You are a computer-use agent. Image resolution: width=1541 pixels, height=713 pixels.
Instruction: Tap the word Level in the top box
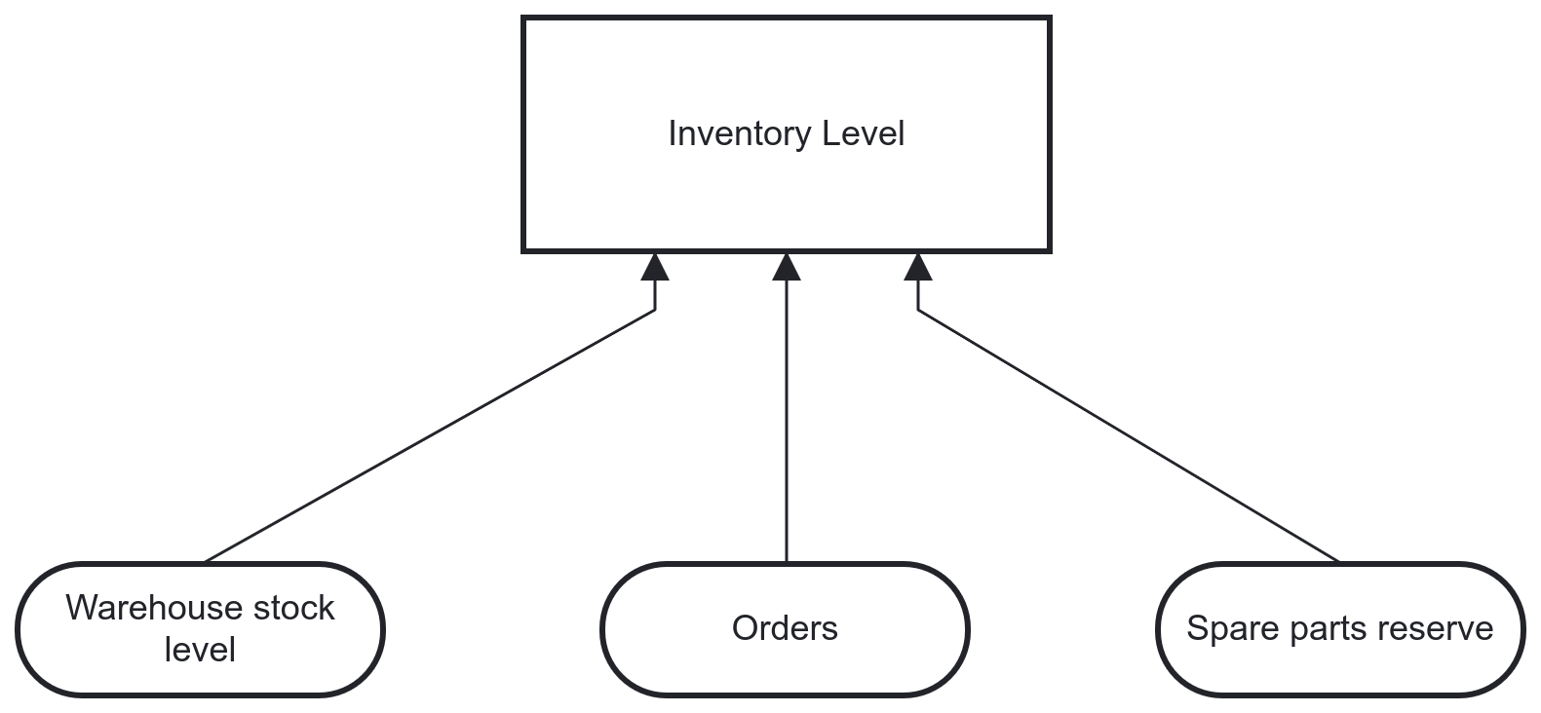click(864, 133)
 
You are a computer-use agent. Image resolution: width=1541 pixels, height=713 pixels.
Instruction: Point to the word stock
click(293, 608)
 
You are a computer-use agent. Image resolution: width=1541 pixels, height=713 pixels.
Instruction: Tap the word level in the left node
click(200, 649)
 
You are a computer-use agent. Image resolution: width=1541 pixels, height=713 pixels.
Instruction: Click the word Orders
click(785, 628)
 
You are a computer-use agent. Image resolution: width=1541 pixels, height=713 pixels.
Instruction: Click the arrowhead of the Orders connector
click(787, 267)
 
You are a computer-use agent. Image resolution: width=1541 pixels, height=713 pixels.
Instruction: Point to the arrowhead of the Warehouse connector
click(655, 267)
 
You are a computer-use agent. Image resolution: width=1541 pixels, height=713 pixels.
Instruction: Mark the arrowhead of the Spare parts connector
click(918, 267)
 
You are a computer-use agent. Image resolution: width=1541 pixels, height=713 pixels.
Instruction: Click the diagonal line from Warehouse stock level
click(429, 436)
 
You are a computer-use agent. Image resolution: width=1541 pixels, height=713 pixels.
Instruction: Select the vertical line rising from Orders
click(787, 419)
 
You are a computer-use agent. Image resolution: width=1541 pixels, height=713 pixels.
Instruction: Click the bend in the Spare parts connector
click(918, 310)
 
